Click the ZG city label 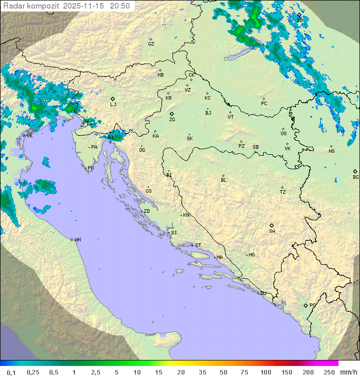point(172,120)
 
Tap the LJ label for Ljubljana point(113,104)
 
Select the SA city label point(272,231)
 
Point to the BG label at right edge point(355,177)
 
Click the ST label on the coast point(198,245)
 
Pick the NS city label point(331,151)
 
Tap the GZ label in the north point(151,44)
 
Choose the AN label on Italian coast point(77,240)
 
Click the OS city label point(283,134)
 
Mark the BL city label point(223,180)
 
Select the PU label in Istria point(90,168)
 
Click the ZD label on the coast point(146,211)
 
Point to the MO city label point(251,255)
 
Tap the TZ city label point(283,192)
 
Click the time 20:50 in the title point(120,6)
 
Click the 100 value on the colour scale point(266,372)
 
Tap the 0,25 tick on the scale point(33,372)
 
